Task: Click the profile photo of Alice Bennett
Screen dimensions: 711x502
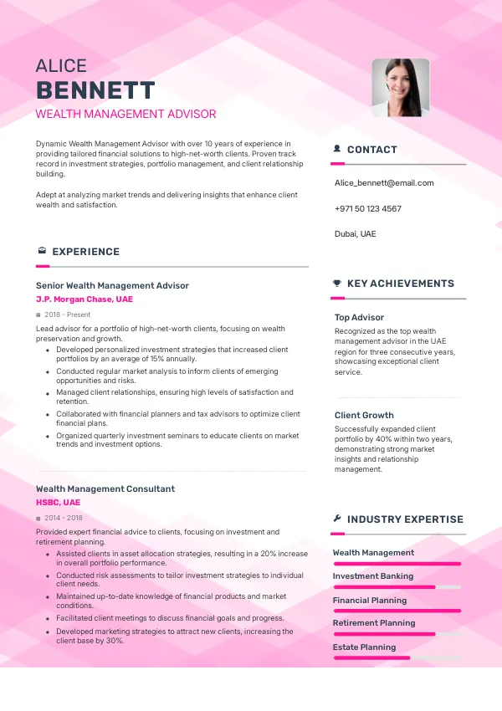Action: [x=400, y=87]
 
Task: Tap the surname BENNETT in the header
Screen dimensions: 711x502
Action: [x=95, y=90]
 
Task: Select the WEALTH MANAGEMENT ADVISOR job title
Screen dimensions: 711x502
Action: [x=125, y=114]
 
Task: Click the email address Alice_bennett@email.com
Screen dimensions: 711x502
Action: [x=384, y=182]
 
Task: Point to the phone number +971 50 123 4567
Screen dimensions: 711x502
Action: [x=367, y=208]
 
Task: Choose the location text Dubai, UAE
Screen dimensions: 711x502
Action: [x=355, y=234]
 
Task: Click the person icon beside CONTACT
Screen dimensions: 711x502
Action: [x=336, y=149]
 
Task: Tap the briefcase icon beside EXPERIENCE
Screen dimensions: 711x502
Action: [x=42, y=251]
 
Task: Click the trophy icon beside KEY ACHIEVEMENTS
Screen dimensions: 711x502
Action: [x=336, y=284]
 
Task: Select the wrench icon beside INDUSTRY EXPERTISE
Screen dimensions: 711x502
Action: [x=336, y=519]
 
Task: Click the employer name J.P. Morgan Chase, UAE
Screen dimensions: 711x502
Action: [x=84, y=299]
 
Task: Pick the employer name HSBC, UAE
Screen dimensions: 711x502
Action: [x=59, y=503]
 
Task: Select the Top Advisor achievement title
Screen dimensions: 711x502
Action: [x=359, y=318]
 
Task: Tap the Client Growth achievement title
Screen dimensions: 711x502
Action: [x=364, y=415]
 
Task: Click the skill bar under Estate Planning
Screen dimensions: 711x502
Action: [x=397, y=658]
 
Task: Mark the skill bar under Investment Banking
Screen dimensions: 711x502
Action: [x=397, y=587]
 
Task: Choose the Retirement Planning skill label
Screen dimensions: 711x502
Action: [x=374, y=623]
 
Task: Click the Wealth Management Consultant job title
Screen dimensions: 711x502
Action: [x=105, y=488]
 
